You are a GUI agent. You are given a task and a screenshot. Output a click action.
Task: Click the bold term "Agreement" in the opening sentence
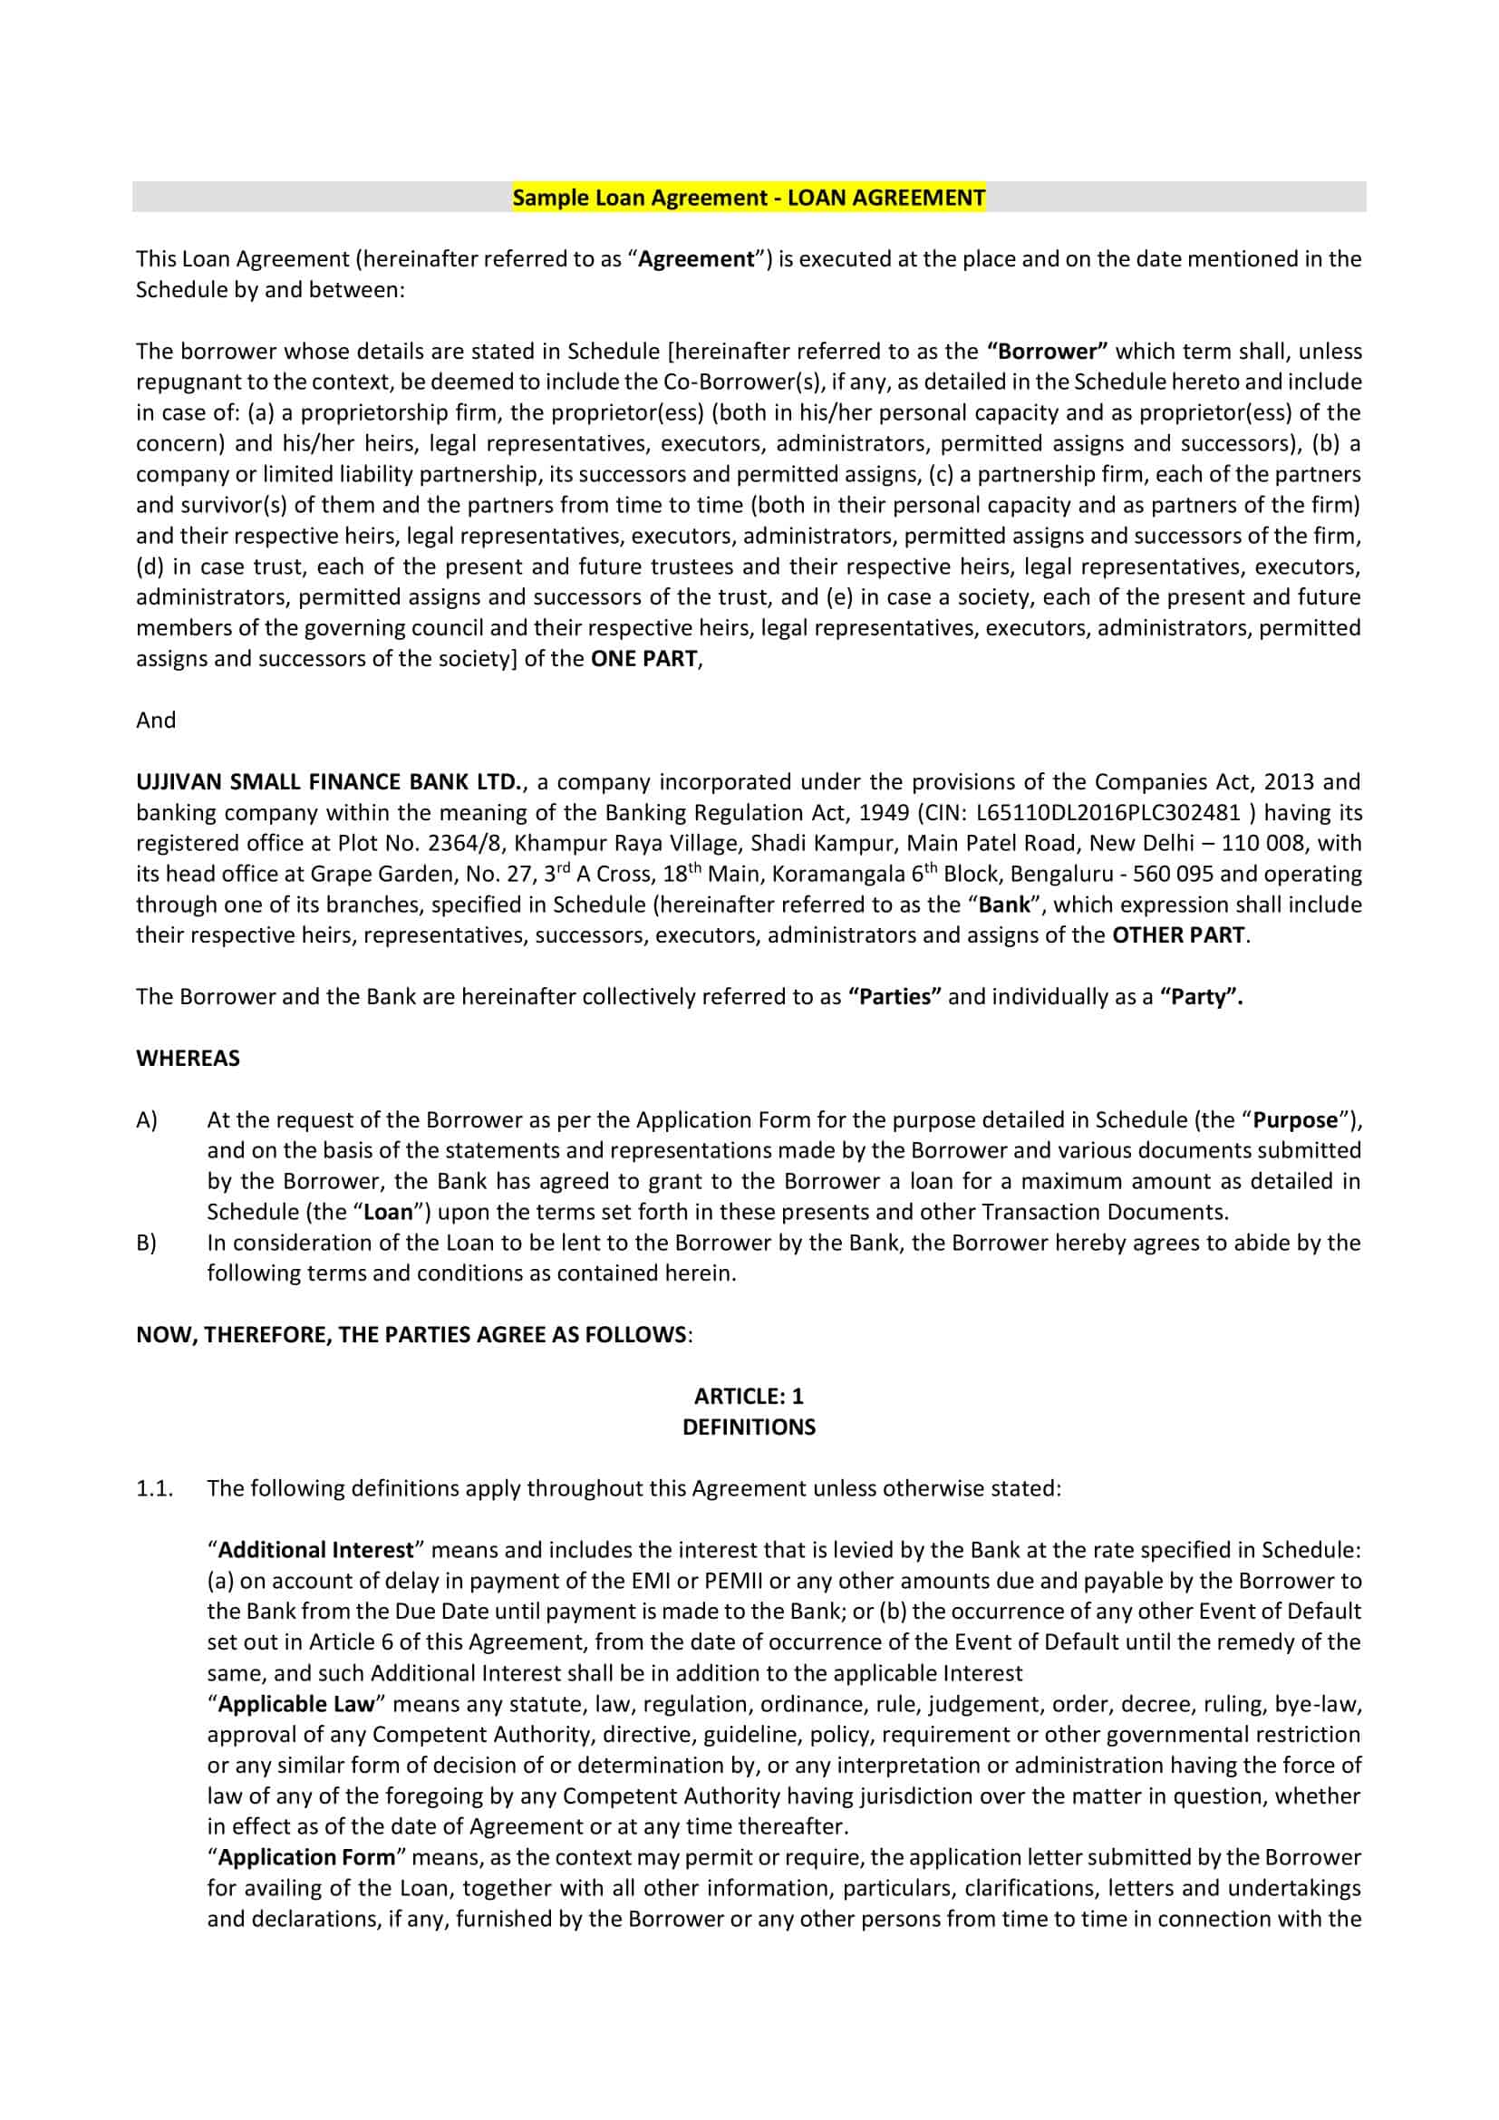click(697, 259)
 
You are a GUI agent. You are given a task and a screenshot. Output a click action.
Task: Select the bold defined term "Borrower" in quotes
click(1047, 352)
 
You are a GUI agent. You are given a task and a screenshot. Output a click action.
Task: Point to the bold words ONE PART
click(643, 659)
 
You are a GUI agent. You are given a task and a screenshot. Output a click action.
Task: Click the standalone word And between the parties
click(156, 721)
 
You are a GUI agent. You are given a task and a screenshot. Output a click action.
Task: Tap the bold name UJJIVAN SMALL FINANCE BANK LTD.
click(330, 782)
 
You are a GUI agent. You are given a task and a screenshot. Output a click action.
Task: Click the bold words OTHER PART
click(1178, 935)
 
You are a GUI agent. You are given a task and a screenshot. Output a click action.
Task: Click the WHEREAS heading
click(189, 1058)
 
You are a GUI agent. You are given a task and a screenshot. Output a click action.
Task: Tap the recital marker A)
click(147, 1120)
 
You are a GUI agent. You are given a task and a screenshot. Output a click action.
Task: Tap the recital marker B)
click(147, 1243)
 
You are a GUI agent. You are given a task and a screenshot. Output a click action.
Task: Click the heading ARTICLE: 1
click(749, 1396)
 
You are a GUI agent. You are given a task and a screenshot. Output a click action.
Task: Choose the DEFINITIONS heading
click(749, 1428)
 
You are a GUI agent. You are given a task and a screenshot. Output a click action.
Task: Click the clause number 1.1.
click(155, 1488)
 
